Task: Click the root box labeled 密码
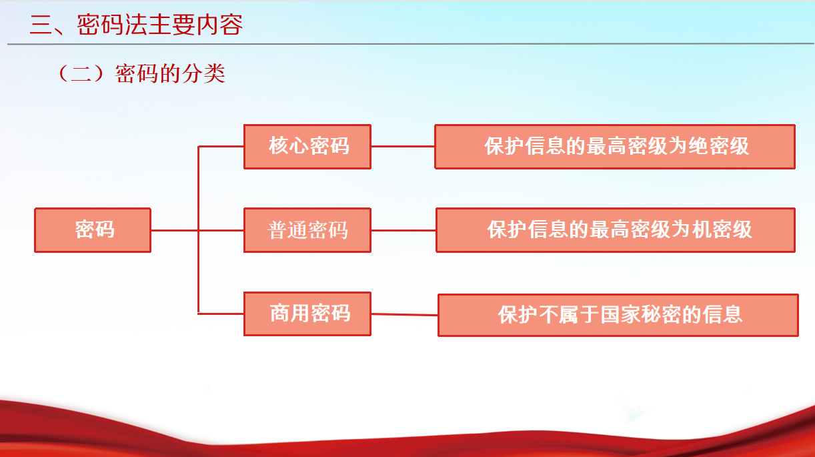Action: pyautogui.click(x=93, y=230)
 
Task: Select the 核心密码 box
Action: pyautogui.click(x=307, y=147)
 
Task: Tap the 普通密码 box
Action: pyautogui.click(x=307, y=230)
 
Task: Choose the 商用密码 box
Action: pyautogui.click(x=307, y=314)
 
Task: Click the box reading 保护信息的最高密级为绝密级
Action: pyautogui.click(x=615, y=147)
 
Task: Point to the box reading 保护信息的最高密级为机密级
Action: pyautogui.click(x=616, y=230)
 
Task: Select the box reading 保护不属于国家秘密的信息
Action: pyautogui.click(x=618, y=315)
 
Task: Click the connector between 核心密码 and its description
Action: pyautogui.click(x=403, y=147)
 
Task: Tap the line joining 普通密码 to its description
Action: pyautogui.click(x=403, y=230)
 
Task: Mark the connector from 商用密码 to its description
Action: pyautogui.click(x=405, y=314)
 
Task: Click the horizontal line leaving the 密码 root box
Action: pyautogui.click(x=197, y=230)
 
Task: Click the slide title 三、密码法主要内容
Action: pyautogui.click(x=136, y=25)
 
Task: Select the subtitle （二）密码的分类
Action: pyautogui.click(x=141, y=73)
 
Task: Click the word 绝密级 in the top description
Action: pyautogui.click(x=718, y=146)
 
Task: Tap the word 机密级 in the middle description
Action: pyautogui.click(x=722, y=230)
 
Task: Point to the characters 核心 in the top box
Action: pyautogui.click(x=289, y=146)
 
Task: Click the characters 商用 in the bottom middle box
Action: pyautogui.click(x=289, y=314)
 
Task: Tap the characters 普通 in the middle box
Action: pyautogui.click(x=287, y=230)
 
